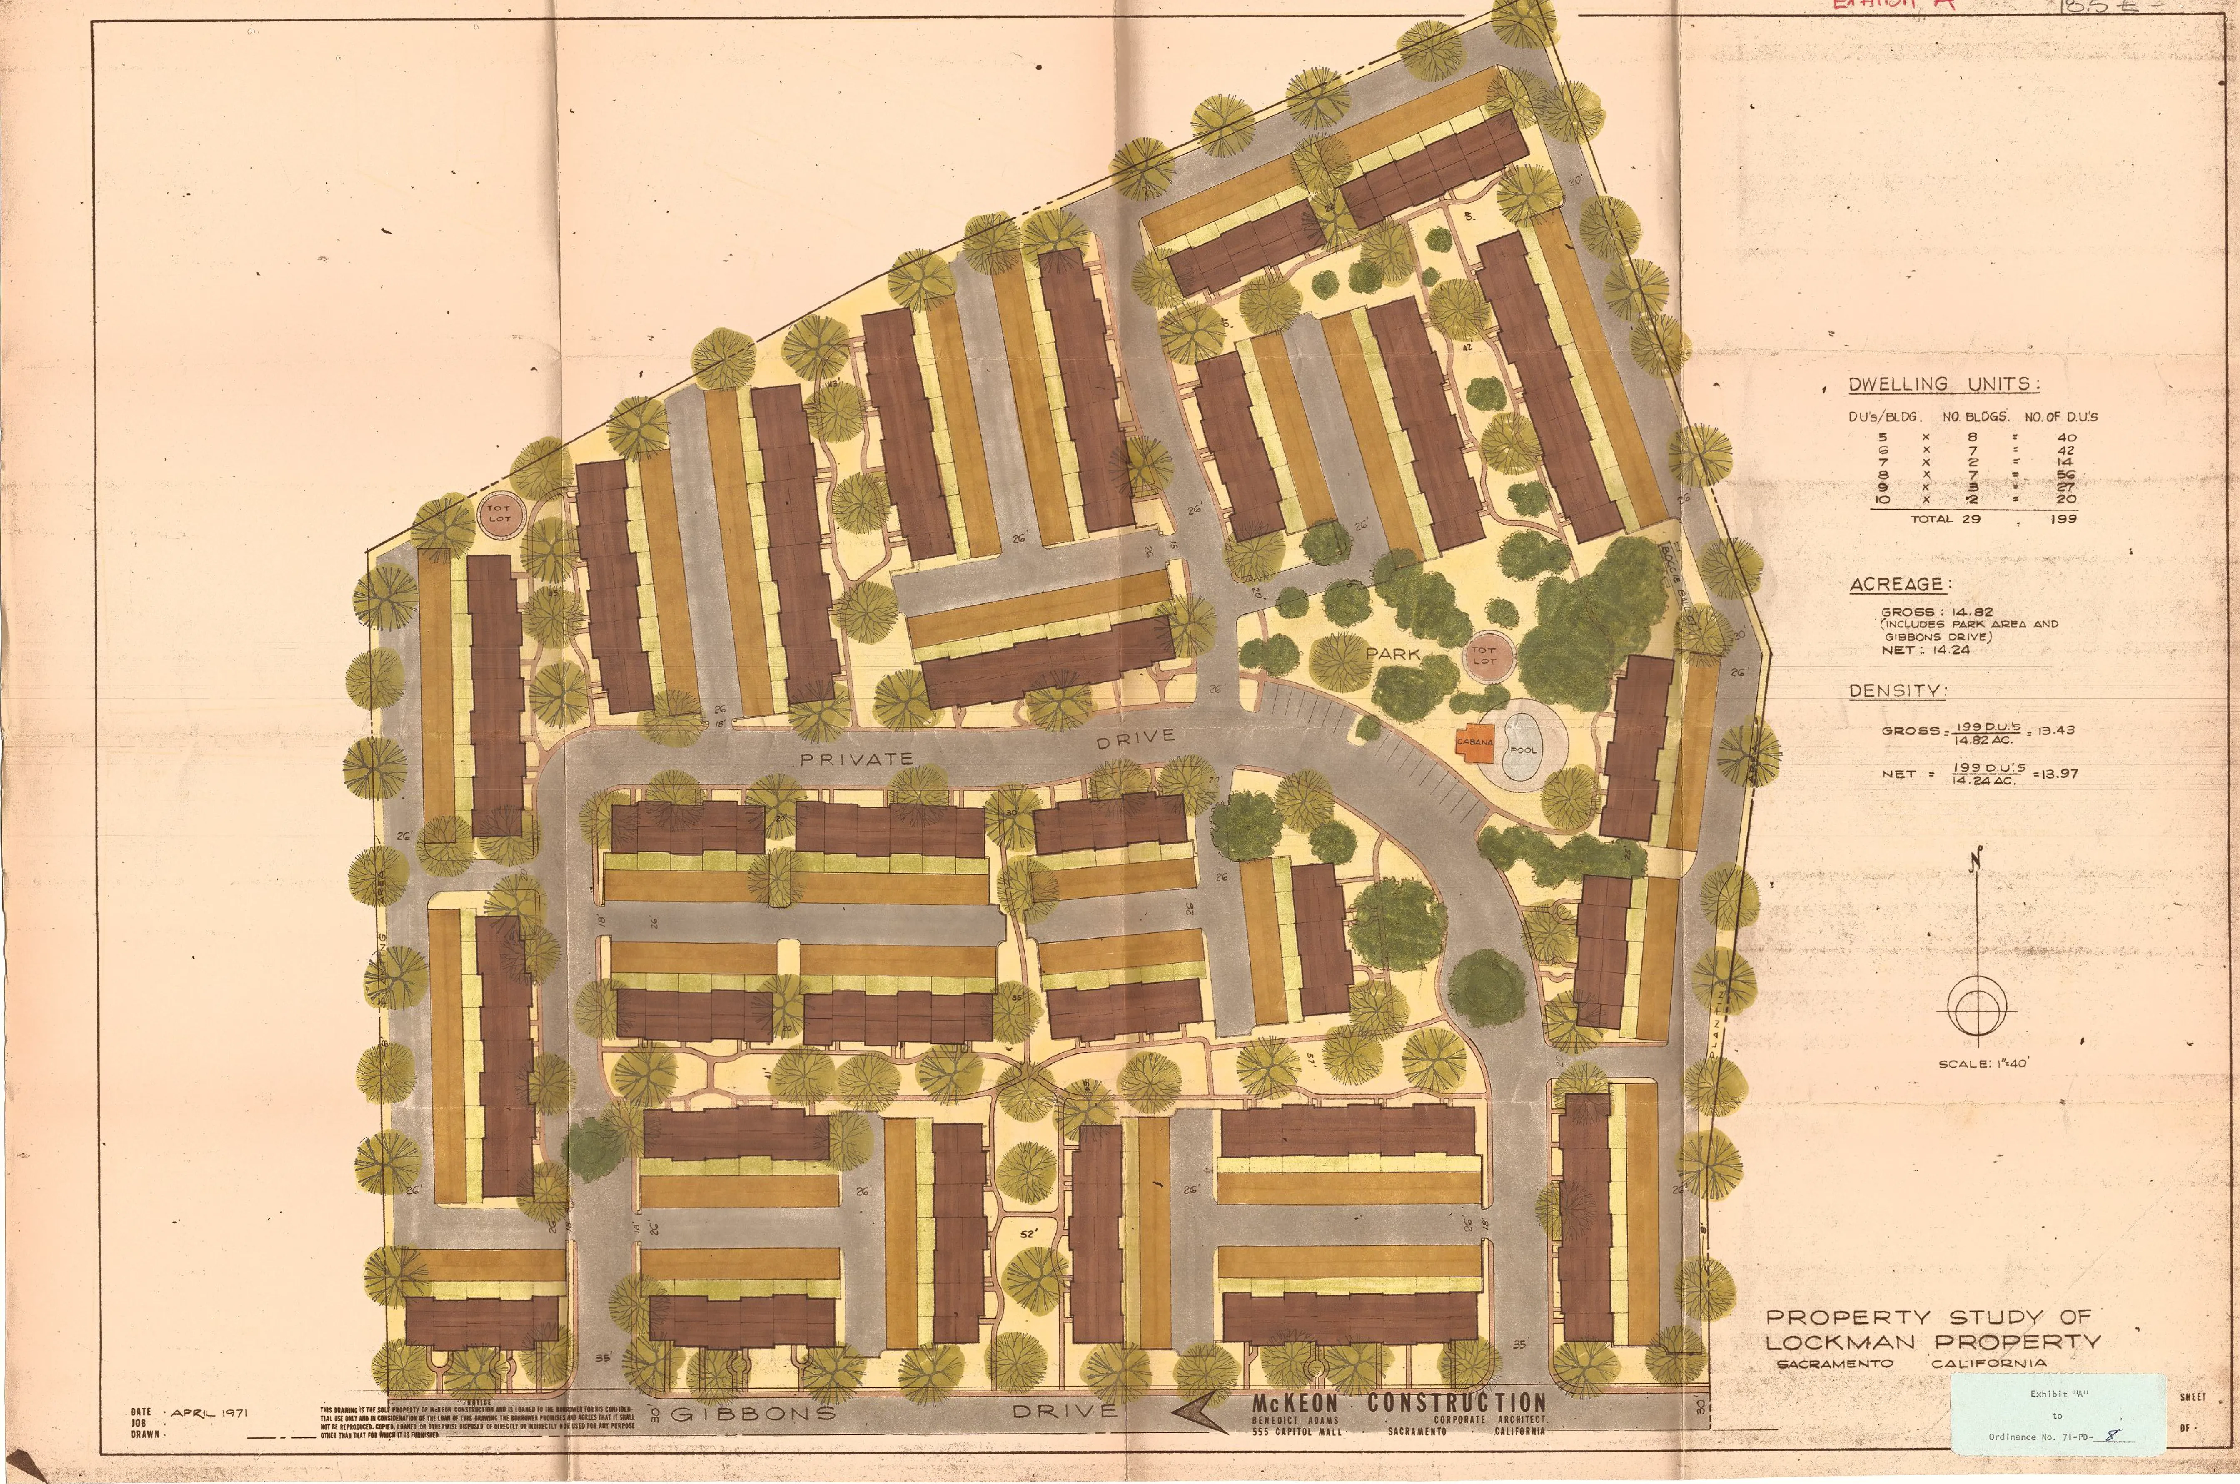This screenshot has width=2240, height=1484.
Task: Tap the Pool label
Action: pyautogui.click(x=1523, y=750)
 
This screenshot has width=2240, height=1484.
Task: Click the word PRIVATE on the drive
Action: pyautogui.click(x=856, y=758)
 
